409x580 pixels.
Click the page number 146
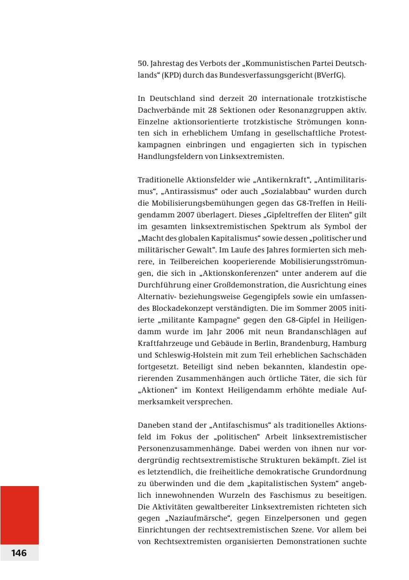(19, 553)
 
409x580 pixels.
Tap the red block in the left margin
(19, 515)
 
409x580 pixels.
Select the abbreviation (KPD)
(172, 75)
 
